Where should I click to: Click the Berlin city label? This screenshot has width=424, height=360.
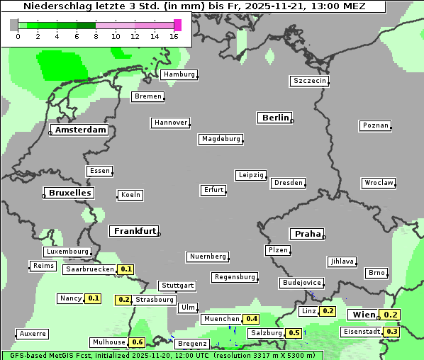pos(275,118)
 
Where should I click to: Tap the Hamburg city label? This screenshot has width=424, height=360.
pos(179,74)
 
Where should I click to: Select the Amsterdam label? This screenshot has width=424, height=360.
pos(81,130)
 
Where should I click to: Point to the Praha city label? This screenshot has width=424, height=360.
pos(307,234)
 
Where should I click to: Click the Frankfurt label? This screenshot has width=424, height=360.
pos(134,231)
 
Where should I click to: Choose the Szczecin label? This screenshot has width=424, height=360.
pos(310,81)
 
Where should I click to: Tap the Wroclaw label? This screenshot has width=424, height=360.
pos(378,183)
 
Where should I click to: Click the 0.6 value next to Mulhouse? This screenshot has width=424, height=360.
pos(138,342)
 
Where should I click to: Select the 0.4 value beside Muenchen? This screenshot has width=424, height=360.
pos(251,319)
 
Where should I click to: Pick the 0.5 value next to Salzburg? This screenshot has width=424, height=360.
pos(294,333)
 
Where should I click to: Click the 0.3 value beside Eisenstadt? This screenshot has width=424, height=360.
pos(391,332)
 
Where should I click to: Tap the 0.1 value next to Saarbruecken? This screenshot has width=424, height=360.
pos(125,269)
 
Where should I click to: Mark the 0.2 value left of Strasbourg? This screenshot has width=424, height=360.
pos(123,300)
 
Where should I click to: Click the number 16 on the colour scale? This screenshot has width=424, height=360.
pos(174,36)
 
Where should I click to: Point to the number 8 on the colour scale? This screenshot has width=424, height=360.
pos(96,36)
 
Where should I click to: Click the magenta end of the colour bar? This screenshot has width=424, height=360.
pos(177,25)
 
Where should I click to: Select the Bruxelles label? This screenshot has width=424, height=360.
pos(69,193)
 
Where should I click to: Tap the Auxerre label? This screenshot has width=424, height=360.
pos(33,333)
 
